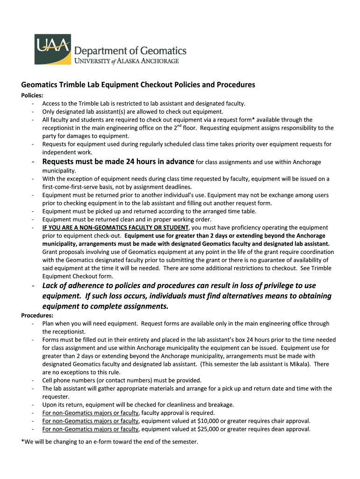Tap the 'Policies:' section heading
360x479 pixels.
(32, 95)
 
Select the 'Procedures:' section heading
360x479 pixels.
(36, 315)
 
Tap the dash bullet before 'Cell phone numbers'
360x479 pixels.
(33, 380)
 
